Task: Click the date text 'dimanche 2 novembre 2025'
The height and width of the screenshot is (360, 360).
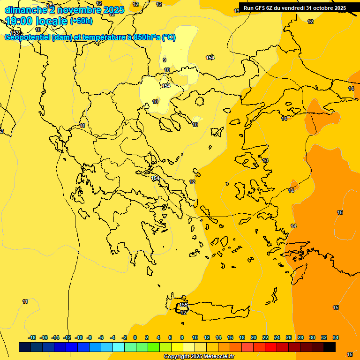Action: tap(64, 10)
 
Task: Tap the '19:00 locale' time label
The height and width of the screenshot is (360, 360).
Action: tap(37, 21)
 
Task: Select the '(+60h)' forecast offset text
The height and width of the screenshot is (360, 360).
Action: tap(81, 21)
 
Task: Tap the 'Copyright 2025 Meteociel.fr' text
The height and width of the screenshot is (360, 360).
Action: tap(199, 356)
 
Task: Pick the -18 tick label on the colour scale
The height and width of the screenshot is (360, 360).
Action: tap(32, 337)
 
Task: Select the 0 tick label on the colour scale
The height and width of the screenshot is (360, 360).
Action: tap(135, 337)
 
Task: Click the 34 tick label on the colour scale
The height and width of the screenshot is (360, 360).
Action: tap(336, 337)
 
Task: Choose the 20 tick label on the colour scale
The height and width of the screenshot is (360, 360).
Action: tap(254, 337)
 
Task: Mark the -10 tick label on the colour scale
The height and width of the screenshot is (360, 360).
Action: tap(79, 337)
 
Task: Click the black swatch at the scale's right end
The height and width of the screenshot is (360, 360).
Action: tap(330, 347)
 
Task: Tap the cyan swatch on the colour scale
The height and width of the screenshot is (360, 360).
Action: tap(119, 347)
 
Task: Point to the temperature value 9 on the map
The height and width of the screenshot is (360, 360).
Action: tap(165, 60)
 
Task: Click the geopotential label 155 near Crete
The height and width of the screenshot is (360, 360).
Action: tap(183, 305)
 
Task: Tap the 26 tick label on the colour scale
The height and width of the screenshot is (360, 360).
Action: tap(289, 337)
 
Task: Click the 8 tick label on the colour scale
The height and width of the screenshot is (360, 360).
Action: tap(182, 337)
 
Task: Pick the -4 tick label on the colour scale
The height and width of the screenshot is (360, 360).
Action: tap(112, 337)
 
